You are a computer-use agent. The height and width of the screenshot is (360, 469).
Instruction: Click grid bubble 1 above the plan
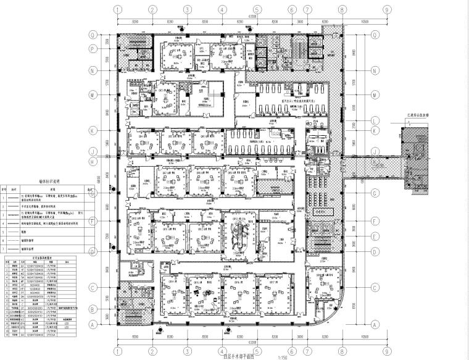116,9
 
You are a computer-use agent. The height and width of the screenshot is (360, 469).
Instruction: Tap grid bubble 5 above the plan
255,9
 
